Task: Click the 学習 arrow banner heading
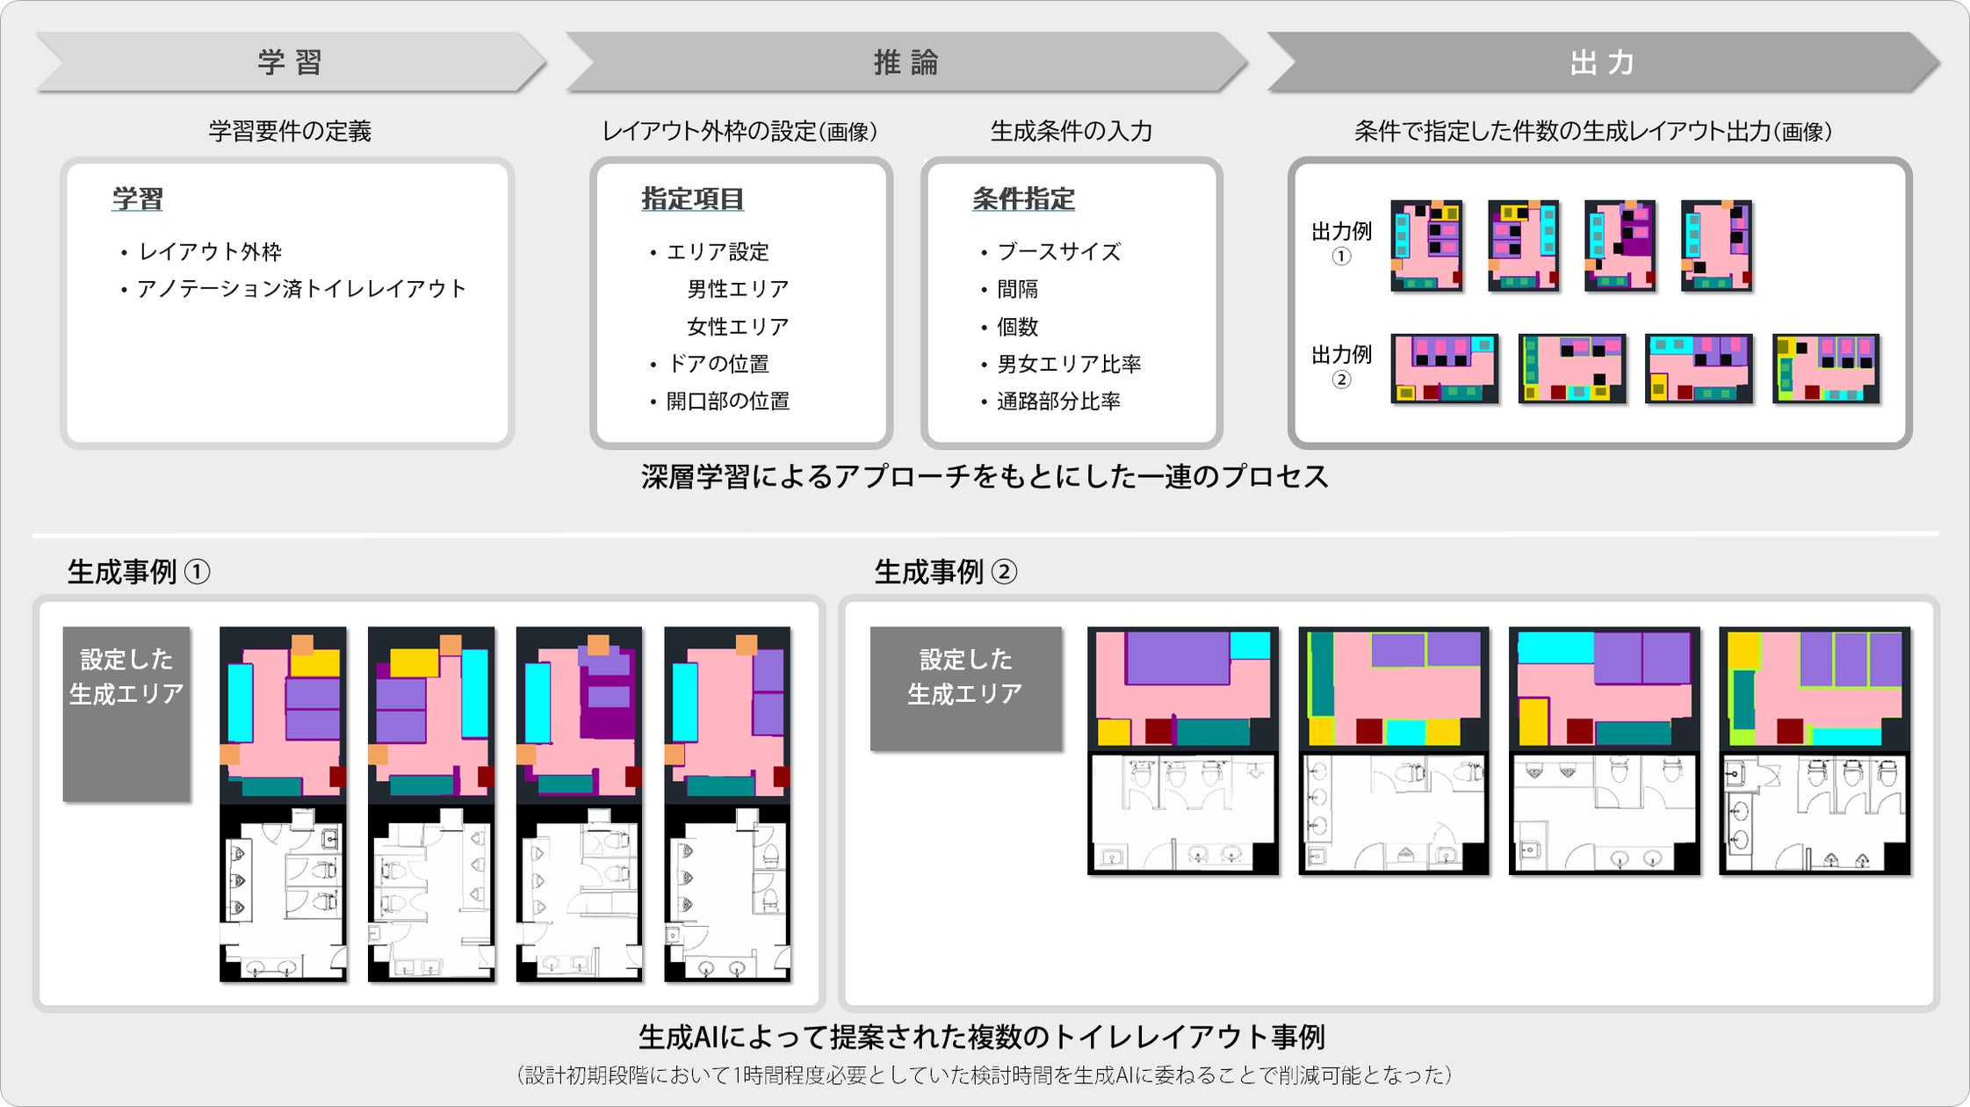290,62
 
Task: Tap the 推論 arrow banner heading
906,62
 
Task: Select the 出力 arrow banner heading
1602,62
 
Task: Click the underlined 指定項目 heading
692,199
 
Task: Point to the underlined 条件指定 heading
1023,199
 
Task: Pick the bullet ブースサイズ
1058,252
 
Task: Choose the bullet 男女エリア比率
1069,364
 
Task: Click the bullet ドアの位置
718,364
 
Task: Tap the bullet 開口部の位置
727,402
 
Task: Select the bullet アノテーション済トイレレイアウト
300,289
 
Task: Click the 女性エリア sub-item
738,327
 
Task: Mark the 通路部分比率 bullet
1058,402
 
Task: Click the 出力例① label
1341,242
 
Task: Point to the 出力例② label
1341,365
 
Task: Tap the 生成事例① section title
139,572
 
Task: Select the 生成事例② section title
945,572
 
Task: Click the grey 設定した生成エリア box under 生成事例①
126,713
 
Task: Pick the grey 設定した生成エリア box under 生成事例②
965,688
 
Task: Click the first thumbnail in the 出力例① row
1426,245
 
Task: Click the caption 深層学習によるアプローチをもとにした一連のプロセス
984,477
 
